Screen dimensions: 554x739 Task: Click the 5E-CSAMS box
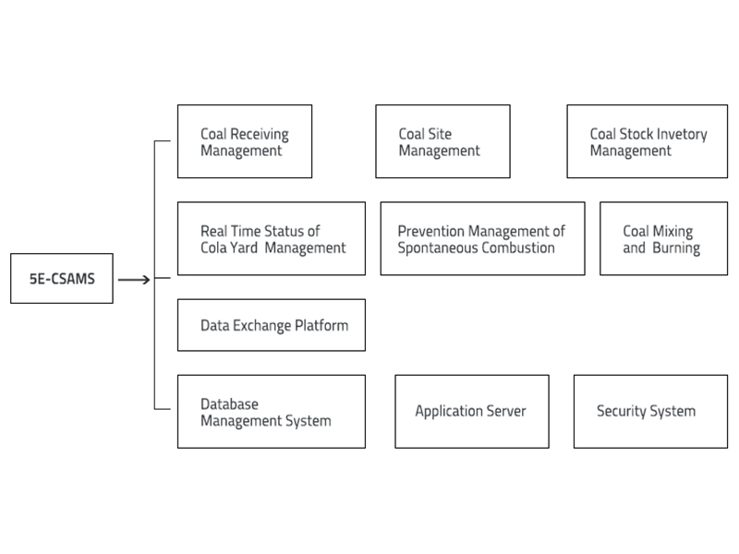pyautogui.click(x=62, y=279)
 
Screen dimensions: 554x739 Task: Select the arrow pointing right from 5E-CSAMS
pyautogui.click(x=135, y=279)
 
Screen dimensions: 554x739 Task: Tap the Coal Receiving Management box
pyautogui.click(x=245, y=141)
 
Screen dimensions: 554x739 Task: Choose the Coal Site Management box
pyautogui.click(x=442, y=141)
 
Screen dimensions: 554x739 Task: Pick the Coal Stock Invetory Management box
pyautogui.click(x=648, y=141)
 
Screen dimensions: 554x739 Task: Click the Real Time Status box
pyautogui.click(x=271, y=239)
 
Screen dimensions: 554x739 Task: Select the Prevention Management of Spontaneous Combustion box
pyautogui.click(x=482, y=239)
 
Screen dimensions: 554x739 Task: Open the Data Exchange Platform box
pyautogui.click(x=271, y=325)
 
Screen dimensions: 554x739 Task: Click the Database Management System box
pyautogui.click(x=271, y=412)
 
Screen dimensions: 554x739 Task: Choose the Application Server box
pyautogui.click(x=471, y=412)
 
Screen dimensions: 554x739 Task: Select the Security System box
pyautogui.click(x=646, y=412)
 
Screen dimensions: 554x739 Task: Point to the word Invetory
pyautogui.click(x=680, y=134)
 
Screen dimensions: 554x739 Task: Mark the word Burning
pyautogui.click(x=676, y=247)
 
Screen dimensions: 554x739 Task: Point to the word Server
pyautogui.click(x=504, y=412)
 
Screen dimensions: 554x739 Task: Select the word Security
pyautogui.click(x=623, y=412)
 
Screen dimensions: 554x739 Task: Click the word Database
pyautogui.click(x=230, y=404)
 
